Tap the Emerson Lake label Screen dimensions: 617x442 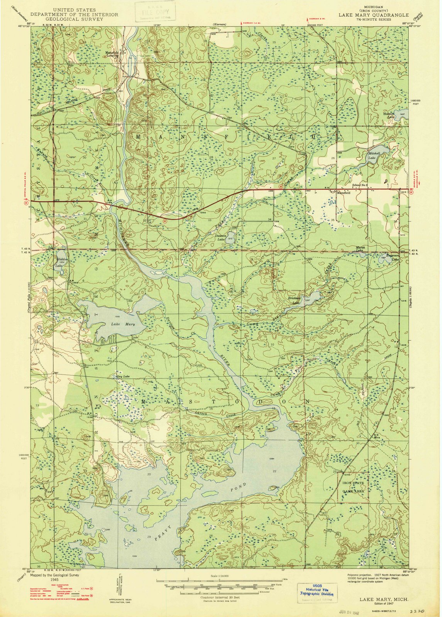(391, 258)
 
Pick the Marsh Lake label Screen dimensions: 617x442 (359, 249)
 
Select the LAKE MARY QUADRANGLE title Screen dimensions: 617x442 (373, 15)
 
